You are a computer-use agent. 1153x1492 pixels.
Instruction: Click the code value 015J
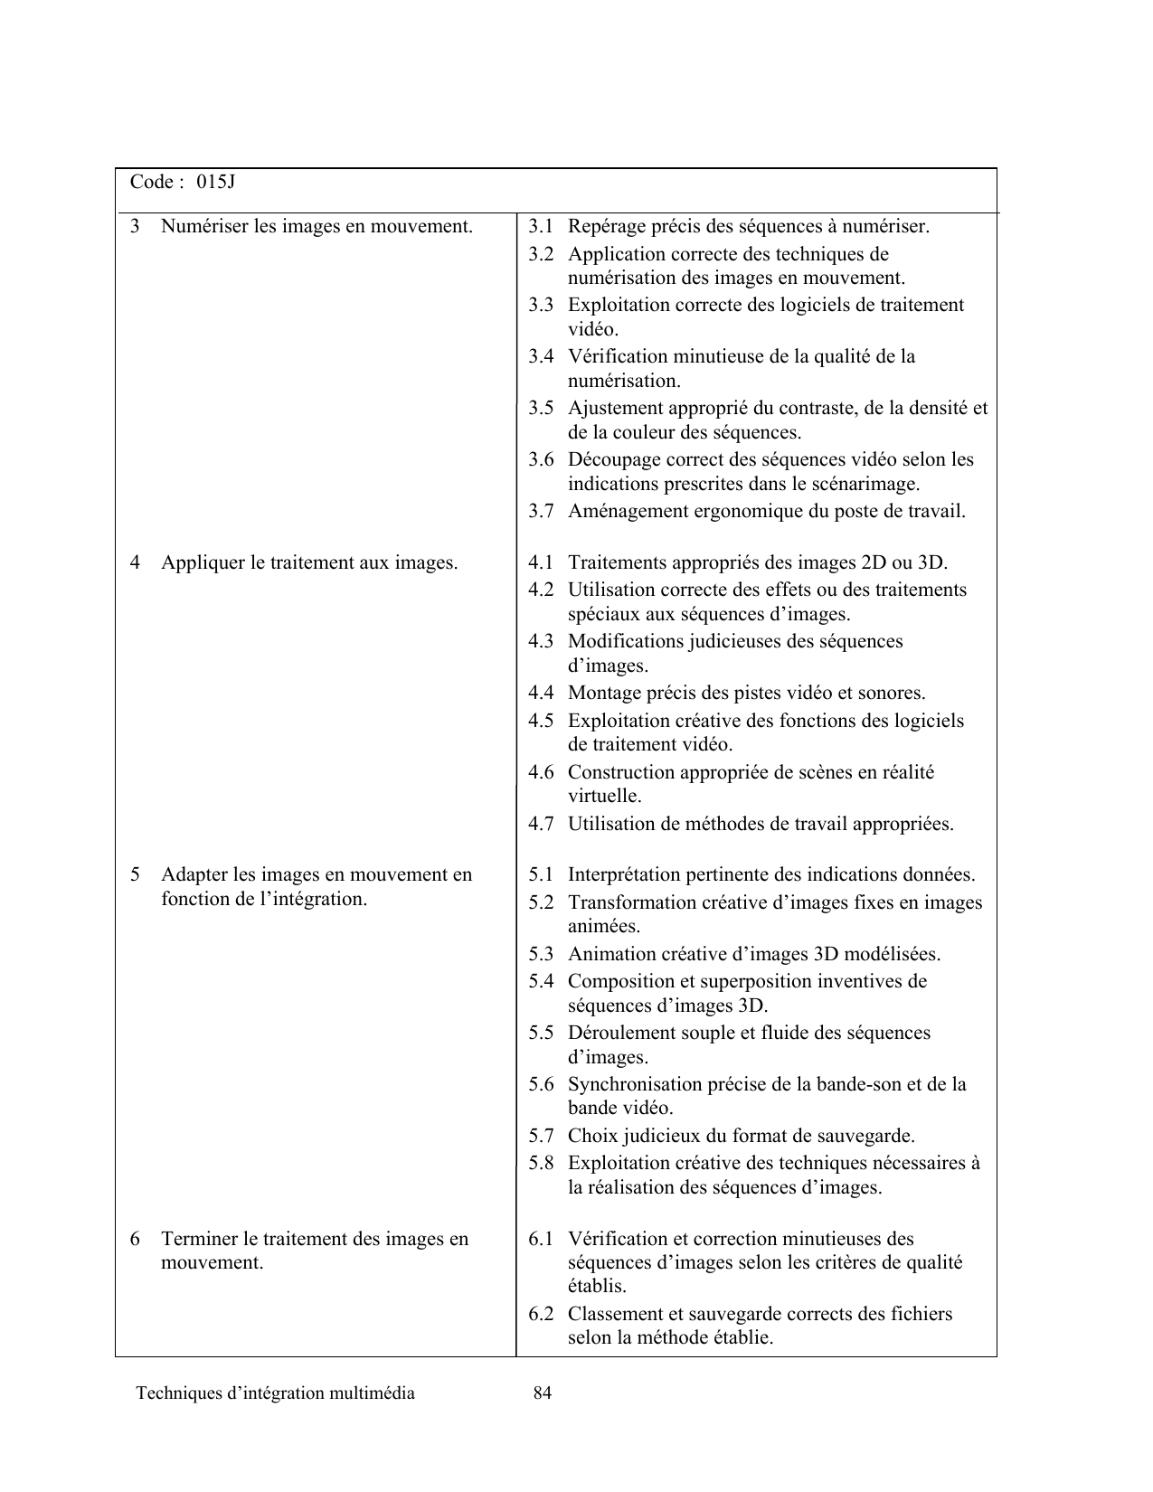[216, 182]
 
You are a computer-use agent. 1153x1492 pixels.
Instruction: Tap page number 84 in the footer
[543, 1393]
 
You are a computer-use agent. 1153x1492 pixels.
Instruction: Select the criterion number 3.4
[541, 356]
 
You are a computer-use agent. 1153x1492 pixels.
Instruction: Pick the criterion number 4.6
[541, 772]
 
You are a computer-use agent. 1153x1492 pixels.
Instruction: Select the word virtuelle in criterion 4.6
[604, 797]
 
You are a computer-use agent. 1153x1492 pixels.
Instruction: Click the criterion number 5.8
[541, 1163]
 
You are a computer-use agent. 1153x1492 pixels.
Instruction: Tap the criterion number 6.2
[541, 1314]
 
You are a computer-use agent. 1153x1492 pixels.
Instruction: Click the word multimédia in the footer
[373, 1393]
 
